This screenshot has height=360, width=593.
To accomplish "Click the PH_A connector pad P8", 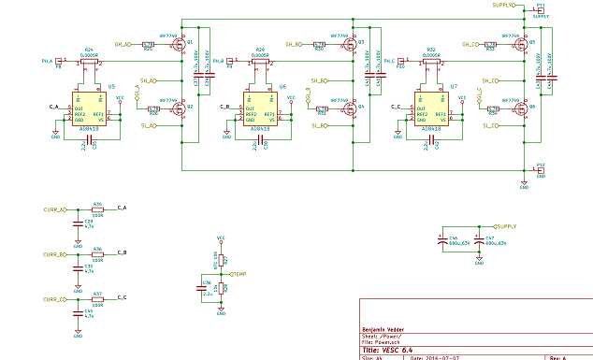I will pos(58,62).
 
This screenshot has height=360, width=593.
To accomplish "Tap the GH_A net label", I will pos(123,44).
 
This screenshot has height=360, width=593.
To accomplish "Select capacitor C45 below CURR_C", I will pos(78,311).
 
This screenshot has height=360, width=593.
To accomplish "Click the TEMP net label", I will pos(240,273).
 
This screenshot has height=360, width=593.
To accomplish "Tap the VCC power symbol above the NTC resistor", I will pos(221,240).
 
